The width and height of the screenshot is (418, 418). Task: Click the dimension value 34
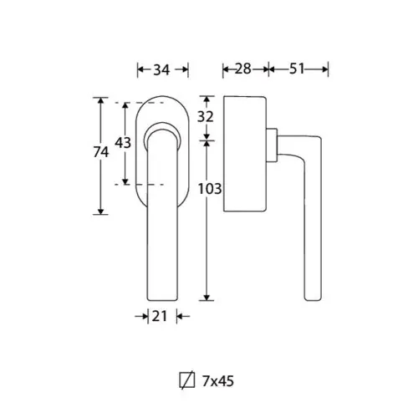[161, 69]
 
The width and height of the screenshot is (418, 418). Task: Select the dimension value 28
[243, 69]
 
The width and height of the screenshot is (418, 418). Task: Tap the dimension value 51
[297, 69]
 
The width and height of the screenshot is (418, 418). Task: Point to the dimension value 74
[101, 152]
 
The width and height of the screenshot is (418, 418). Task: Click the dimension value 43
[123, 143]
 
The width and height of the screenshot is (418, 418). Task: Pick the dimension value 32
[206, 116]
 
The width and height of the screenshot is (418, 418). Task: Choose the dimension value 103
[210, 189]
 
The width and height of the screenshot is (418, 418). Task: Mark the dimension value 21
[159, 316]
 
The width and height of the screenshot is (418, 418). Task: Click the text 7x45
[218, 381]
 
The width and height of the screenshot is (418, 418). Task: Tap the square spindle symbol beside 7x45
[187, 380]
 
